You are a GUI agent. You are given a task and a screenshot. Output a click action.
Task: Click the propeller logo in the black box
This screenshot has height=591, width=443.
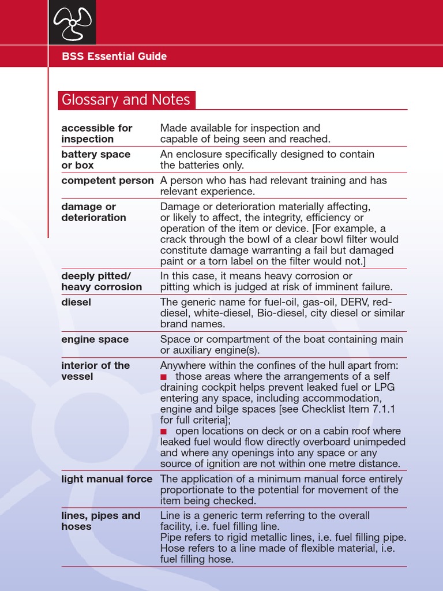click(72, 23)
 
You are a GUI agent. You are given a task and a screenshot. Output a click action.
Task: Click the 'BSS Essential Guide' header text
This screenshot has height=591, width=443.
click(114, 57)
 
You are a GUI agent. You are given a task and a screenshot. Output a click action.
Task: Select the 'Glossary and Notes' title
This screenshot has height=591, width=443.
click(126, 100)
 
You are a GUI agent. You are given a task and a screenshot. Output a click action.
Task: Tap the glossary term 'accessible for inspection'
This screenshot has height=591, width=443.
click(97, 133)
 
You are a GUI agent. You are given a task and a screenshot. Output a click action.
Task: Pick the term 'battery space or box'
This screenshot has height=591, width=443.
click(96, 160)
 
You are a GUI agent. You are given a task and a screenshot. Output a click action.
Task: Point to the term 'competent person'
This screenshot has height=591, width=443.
click(107, 181)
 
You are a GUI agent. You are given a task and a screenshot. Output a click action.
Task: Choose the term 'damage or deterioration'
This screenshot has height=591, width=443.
click(93, 212)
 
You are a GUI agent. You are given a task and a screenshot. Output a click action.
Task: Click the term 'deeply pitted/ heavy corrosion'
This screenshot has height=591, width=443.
click(102, 281)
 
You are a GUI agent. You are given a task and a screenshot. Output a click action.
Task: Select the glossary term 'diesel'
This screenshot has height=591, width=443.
click(76, 302)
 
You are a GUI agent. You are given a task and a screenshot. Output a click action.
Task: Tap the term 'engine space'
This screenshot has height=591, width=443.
click(95, 339)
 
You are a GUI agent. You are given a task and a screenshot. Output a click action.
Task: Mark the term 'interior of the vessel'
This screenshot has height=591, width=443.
click(95, 371)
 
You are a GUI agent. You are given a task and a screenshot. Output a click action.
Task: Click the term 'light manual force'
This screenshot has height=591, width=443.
click(107, 479)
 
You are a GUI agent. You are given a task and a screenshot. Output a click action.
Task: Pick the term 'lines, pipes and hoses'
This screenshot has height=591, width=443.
click(100, 521)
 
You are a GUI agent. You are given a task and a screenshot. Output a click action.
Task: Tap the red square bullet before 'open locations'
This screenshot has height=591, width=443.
click(164, 431)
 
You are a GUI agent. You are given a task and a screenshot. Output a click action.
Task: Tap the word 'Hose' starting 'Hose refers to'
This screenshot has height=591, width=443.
click(172, 548)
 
